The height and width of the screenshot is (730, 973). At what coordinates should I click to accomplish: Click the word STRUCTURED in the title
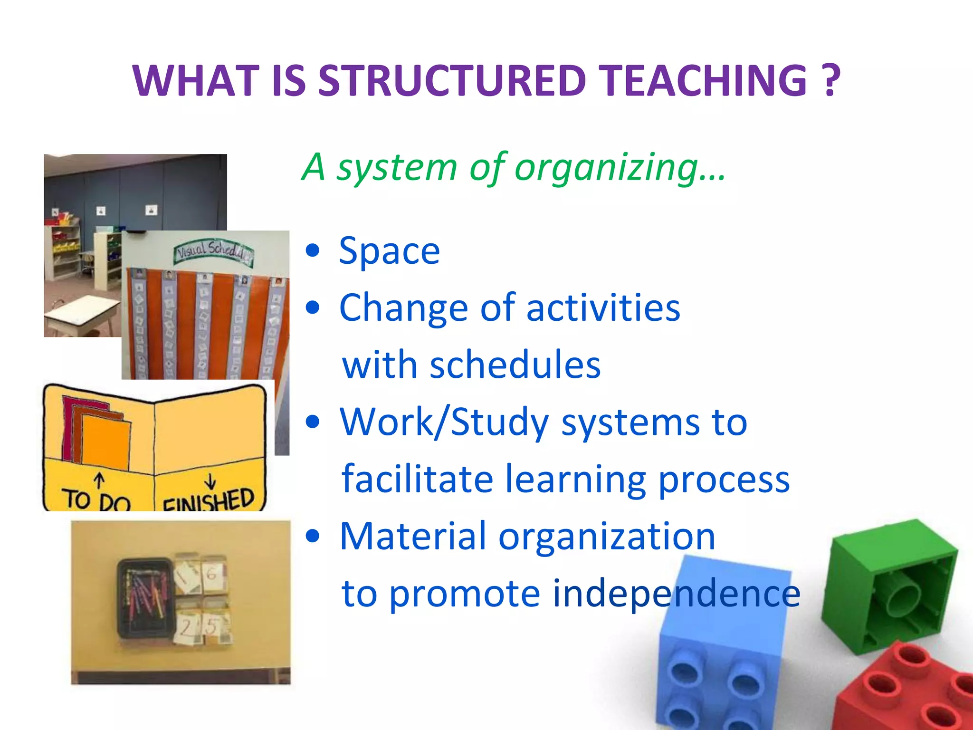tap(451, 81)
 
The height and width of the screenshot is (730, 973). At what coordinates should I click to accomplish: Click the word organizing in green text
tap(606, 167)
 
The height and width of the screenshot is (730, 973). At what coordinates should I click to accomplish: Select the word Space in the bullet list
tap(389, 251)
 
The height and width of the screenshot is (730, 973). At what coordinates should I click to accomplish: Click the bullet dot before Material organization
tap(313, 536)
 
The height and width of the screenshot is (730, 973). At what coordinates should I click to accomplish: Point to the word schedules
tap(515, 365)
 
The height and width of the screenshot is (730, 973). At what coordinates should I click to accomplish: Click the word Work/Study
tap(445, 422)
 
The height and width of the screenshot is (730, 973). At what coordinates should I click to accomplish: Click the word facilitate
tap(417, 479)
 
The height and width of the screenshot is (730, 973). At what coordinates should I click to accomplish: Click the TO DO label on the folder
tap(97, 500)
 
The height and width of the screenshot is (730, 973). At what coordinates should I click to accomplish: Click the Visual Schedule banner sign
tap(213, 251)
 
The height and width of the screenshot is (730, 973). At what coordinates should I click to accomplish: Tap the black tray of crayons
tap(144, 597)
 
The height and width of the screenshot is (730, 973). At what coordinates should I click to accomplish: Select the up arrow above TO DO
tap(99, 480)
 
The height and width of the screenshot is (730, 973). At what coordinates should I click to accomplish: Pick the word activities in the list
tap(603, 308)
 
